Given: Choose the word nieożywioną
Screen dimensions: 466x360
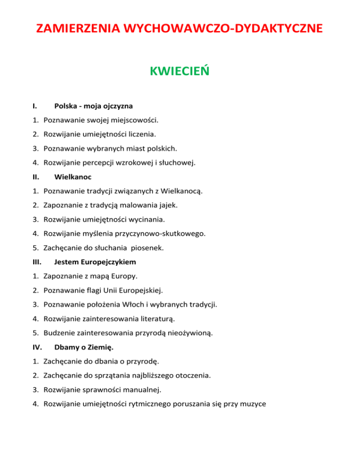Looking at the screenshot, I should click(187, 333).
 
